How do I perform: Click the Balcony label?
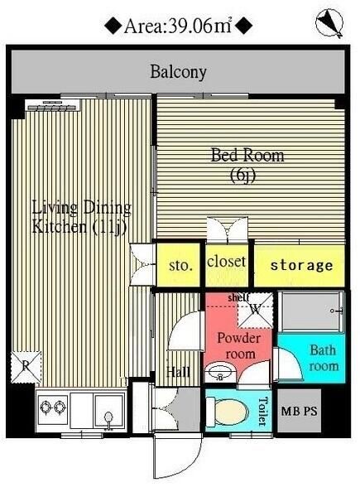click(x=178, y=71)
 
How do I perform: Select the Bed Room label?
click(x=247, y=155)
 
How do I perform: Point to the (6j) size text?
click(x=246, y=175)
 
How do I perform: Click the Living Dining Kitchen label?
click(x=81, y=216)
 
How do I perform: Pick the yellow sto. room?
click(x=180, y=265)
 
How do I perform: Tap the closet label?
click(x=226, y=262)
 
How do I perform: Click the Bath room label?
click(x=323, y=357)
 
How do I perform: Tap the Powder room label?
click(x=238, y=345)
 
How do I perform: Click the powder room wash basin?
click(x=220, y=372)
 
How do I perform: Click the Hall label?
click(x=179, y=372)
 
